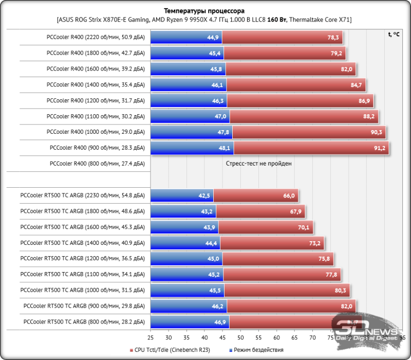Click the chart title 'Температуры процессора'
[204, 11]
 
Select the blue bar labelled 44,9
[186, 38]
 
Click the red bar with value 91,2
[311, 148]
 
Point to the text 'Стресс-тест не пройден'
[259, 164]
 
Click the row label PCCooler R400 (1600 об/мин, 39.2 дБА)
[96, 69]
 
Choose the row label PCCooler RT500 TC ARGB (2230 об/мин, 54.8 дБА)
[83, 195]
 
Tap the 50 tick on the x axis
[241, 337]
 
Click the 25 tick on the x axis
[151, 337]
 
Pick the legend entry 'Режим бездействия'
[255, 350]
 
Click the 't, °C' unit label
[394, 34]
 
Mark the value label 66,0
[289, 195]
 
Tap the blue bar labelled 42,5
[182, 195]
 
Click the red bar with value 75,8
[278, 259]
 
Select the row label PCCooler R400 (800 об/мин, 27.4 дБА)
[98, 164]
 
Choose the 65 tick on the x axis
[295, 337]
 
